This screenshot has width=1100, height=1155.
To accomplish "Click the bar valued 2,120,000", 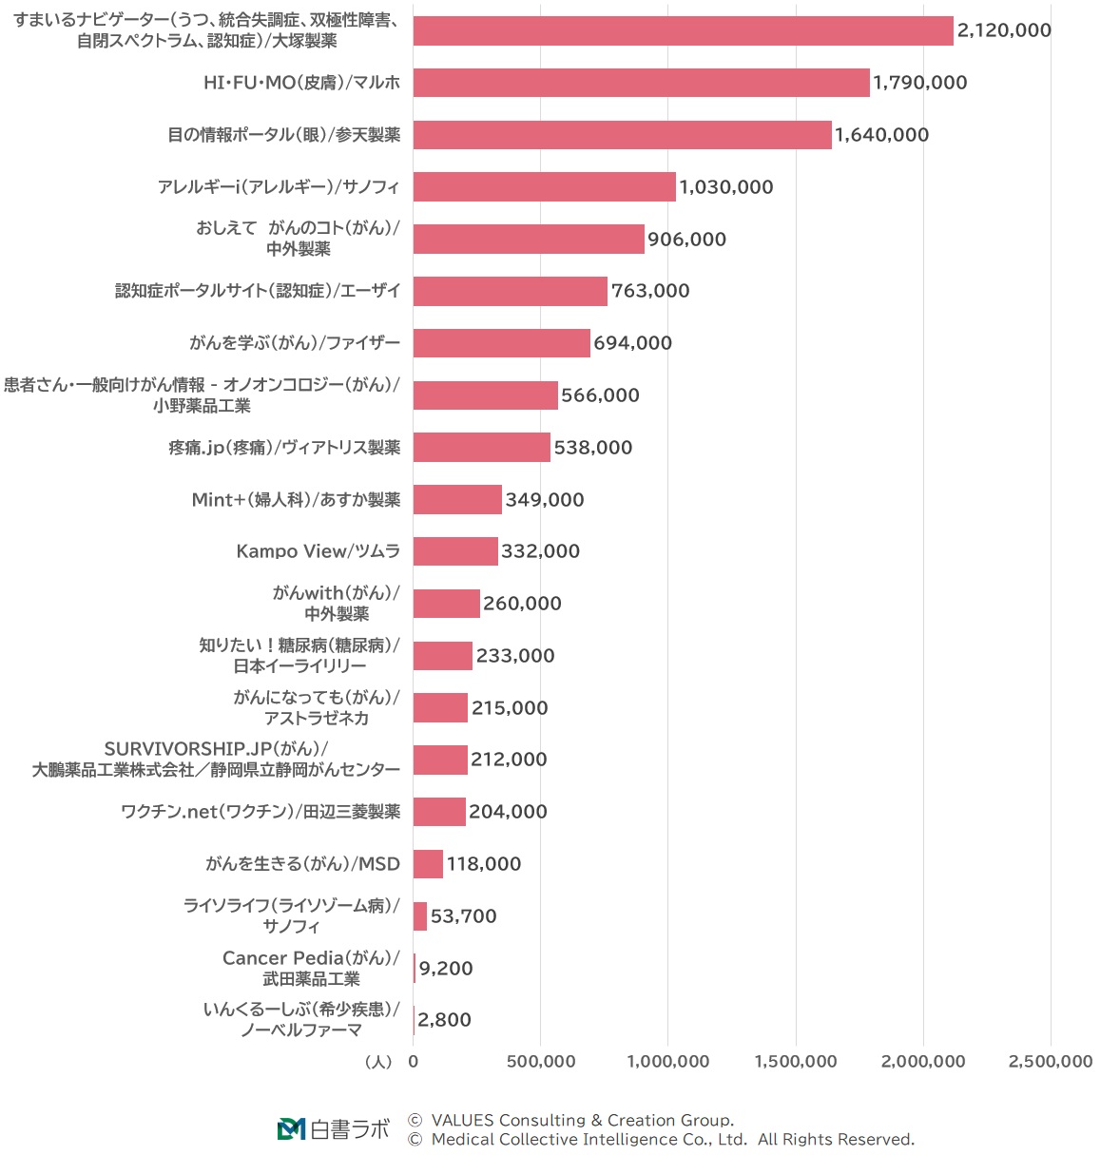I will pos(683,30).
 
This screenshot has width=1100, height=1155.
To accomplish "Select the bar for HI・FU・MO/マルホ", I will pos(641,83).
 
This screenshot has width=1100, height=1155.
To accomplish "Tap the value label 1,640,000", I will pos(881,135).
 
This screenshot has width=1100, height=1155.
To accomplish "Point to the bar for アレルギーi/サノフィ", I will pos(544,186).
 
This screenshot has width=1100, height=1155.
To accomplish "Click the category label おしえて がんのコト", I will pos(298,238).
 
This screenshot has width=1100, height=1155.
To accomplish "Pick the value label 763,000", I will pos(650,291).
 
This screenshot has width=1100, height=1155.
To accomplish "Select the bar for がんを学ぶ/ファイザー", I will pos(501,343).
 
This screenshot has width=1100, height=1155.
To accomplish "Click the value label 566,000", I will pos(600,395).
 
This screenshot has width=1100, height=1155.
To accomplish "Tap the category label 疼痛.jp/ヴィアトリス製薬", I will pos(284,448).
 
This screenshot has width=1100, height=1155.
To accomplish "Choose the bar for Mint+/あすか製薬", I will pos(457,499).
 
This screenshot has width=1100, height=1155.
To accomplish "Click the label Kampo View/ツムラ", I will pos(318,551).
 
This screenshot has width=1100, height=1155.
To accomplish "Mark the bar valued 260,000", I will pos(446,604).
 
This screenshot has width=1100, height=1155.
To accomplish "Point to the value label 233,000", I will pos(514,656).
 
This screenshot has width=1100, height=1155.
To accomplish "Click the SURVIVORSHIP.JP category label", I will pos(216,760).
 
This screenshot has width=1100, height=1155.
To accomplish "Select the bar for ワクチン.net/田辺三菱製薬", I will pos(439,812).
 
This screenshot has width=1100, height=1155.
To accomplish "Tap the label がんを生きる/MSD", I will pos(302,864).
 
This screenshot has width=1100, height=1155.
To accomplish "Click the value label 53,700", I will pos(463,916).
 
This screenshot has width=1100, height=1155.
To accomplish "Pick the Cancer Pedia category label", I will pos(311,968).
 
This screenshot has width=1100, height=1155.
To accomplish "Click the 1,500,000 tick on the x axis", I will pos(796,1062).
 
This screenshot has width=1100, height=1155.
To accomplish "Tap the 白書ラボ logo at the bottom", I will pos(333,1129).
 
